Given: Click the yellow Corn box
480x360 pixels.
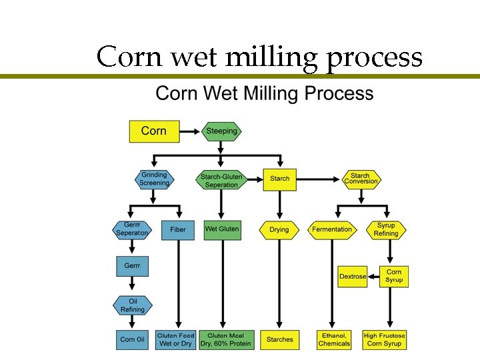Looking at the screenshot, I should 154,131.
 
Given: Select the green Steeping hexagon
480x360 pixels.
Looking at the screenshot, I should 222,131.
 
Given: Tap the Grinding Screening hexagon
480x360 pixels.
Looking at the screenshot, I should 154,179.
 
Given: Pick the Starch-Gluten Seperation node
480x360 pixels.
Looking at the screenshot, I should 221,180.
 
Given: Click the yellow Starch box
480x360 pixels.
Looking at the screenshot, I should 280,179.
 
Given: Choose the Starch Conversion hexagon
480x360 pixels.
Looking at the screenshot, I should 361,179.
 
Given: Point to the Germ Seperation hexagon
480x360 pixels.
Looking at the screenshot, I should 132,229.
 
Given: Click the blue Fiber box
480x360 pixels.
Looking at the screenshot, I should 178,229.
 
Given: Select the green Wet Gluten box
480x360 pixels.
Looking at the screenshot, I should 222,229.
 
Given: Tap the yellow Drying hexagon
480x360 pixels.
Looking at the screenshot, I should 279,229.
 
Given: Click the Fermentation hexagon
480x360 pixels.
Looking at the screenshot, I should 332,229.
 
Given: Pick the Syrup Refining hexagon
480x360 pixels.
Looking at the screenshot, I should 386,229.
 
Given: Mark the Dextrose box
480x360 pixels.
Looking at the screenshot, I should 353,276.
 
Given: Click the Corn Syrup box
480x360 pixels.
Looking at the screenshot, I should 394,276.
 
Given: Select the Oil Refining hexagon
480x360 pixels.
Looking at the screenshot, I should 133,305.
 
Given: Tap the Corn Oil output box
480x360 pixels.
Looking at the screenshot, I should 132,339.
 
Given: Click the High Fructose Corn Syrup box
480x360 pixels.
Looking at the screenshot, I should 385,339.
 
